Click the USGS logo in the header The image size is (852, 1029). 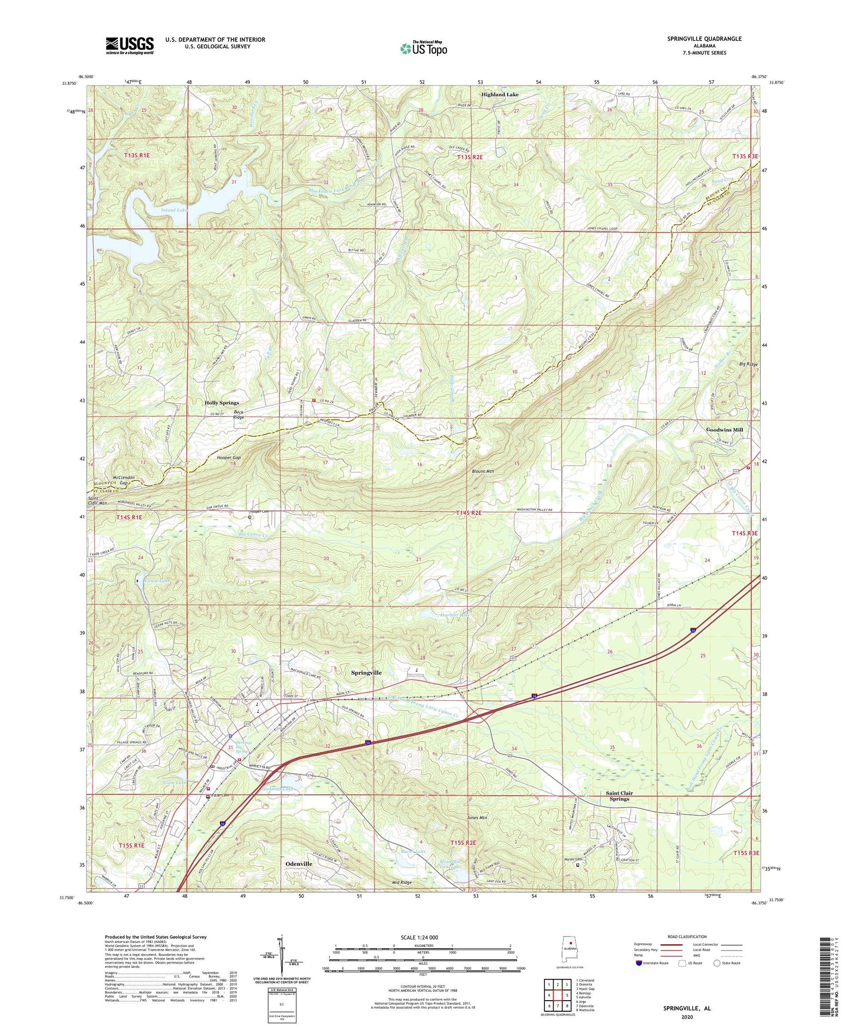coord(129,45)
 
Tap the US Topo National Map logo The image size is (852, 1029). coord(423,48)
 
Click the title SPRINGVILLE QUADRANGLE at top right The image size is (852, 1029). coord(704,39)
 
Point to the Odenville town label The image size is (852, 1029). coord(298,863)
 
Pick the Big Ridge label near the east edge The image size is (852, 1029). coord(748,365)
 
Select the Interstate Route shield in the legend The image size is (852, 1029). coord(640,963)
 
